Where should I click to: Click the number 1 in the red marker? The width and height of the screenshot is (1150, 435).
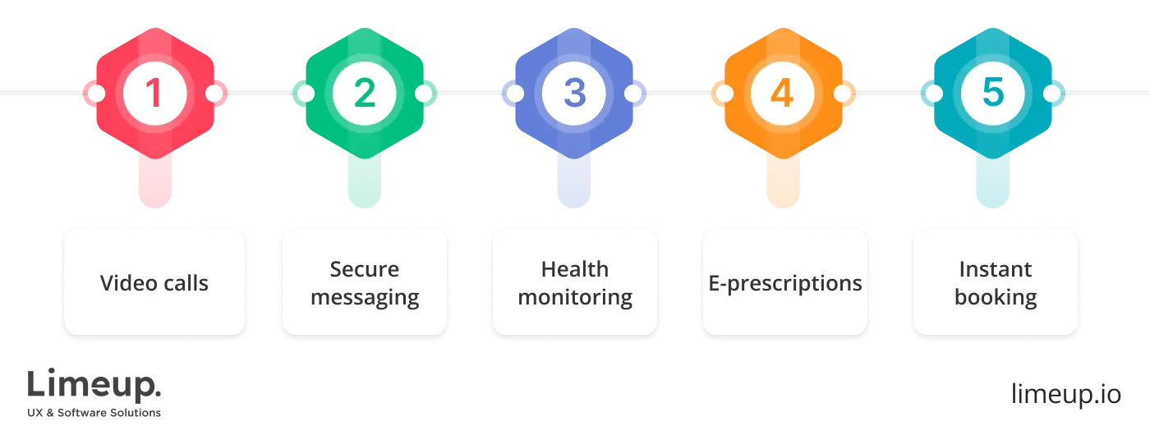coord(154,94)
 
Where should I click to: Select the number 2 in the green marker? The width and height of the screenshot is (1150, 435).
coord(365,94)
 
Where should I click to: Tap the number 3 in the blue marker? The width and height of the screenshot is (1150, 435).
coord(574,94)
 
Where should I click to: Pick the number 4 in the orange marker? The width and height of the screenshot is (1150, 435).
coord(784,94)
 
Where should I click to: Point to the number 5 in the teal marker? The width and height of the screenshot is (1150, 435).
coord(994,94)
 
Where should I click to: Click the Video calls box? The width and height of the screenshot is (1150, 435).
coord(154,282)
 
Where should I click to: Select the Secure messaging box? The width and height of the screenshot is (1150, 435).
coord(365,282)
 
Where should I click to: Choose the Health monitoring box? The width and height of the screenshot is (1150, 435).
coord(574,282)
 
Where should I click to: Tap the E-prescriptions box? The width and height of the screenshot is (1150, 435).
coord(785,282)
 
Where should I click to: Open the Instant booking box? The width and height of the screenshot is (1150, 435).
coord(995,282)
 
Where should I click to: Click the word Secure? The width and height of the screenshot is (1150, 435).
coord(365,269)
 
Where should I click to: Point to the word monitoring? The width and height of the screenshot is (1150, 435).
coord(575,297)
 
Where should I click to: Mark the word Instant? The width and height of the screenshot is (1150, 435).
coord(996,269)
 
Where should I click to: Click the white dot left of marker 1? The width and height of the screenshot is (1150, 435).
coord(95,94)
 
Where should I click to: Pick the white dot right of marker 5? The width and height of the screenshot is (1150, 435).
coord(1053,94)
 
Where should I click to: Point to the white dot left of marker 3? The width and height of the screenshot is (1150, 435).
coord(515,94)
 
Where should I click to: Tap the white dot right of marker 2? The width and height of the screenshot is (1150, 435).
coord(424,94)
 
